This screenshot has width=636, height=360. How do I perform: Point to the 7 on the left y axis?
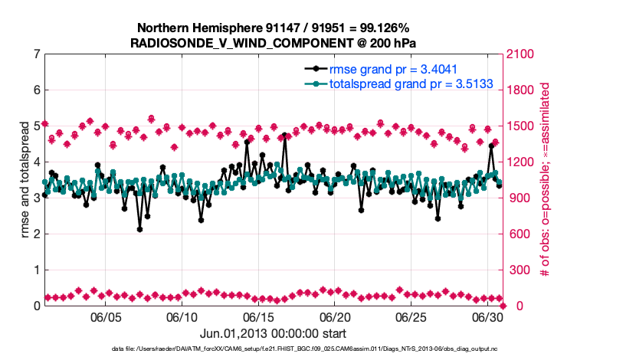pos(36,54)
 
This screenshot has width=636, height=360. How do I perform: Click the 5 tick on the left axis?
pos(36,126)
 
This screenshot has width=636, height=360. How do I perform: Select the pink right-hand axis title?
pos(546,180)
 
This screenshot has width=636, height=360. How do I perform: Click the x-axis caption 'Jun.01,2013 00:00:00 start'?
pos(274,333)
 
